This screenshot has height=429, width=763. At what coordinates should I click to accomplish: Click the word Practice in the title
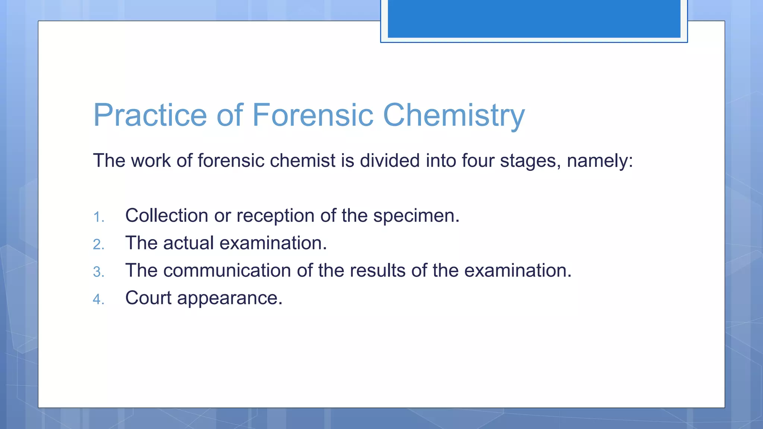[x=150, y=115]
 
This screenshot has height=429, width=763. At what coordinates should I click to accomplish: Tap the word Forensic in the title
[x=313, y=115]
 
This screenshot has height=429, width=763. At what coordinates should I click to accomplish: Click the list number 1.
[x=98, y=217]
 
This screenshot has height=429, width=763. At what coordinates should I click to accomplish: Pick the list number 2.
[x=98, y=245]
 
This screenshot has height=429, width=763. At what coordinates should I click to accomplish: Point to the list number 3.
[x=98, y=272]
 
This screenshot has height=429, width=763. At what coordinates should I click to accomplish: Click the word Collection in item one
[x=167, y=216]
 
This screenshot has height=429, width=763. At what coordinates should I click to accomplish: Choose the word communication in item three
[x=227, y=271]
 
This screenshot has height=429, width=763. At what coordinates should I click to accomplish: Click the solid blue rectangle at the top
[x=534, y=19]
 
